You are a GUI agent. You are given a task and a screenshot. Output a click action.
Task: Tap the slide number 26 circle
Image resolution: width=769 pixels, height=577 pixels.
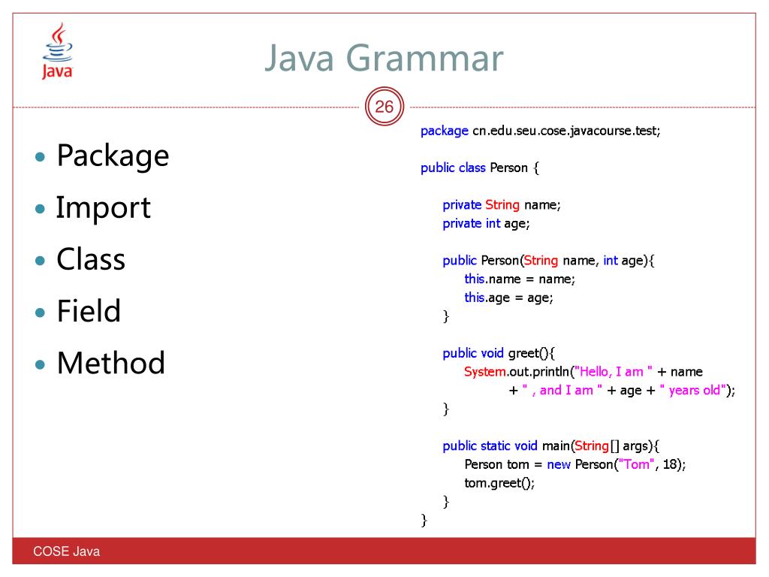pos(384,107)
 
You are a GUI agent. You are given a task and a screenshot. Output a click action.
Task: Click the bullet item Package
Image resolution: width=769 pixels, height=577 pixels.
pos(113,156)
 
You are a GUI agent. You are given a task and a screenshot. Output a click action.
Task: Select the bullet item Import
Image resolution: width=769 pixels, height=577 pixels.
pos(104,207)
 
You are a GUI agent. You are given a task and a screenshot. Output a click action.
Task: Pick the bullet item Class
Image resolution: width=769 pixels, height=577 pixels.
pos(91,259)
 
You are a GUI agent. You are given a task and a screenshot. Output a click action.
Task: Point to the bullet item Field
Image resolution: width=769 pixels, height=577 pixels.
pos(89,311)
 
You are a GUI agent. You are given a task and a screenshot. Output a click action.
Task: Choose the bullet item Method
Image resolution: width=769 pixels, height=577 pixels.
pos(110,363)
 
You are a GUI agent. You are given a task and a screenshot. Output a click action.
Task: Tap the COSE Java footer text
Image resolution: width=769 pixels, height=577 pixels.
pos(66,552)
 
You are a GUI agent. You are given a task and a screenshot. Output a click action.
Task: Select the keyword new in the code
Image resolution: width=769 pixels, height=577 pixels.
pos(559,464)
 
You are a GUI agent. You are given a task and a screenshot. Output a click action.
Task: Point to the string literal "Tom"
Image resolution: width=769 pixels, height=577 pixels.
pos(635,464)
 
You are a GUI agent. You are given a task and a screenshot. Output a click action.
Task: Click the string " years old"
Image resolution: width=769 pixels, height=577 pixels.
pos(692,390)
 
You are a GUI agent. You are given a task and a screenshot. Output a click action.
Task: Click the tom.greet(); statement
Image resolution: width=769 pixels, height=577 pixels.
pos(499,483)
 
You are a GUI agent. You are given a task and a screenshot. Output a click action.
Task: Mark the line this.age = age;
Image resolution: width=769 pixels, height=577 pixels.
pos(508,298)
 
